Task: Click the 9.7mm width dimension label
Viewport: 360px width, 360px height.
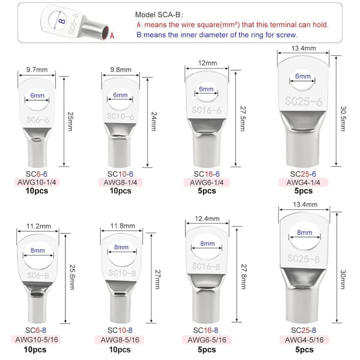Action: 37,70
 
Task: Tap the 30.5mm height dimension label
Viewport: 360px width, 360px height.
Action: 343,118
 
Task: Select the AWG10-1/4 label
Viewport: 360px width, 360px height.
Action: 37,182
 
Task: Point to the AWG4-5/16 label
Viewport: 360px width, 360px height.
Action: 304,340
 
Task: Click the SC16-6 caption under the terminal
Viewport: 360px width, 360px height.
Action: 206,174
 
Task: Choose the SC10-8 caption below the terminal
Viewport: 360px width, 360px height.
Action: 120,330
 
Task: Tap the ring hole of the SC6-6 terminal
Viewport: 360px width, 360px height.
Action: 37,100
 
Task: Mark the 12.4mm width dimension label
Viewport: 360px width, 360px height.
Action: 207,218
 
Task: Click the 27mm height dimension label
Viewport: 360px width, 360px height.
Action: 158,279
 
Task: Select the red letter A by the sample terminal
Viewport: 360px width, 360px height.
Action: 112,36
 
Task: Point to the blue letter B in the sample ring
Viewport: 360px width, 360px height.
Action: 62,21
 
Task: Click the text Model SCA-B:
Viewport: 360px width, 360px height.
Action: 159,15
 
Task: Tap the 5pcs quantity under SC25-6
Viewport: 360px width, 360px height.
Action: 303,191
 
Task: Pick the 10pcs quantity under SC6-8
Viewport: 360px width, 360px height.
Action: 35,350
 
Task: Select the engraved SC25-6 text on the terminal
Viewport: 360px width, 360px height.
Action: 304,101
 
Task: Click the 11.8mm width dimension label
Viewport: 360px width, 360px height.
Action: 122,226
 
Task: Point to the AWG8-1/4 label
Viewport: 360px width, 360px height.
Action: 121,182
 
